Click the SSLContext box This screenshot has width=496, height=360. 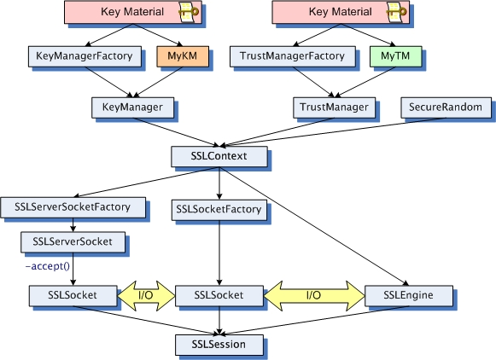(x=219, y=157)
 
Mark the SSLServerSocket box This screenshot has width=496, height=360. (x=73, y=241)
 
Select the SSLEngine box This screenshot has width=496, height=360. (x=409, y=295)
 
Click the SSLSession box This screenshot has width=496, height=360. (x=219, y=345)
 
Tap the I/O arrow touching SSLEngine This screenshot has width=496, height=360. (x=314, y=295)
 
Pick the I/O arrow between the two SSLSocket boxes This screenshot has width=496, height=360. (x=145, y=295)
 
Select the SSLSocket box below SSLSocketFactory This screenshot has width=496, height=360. (x=219, y=295)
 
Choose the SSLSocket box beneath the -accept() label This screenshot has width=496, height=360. (x=73, y=295)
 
